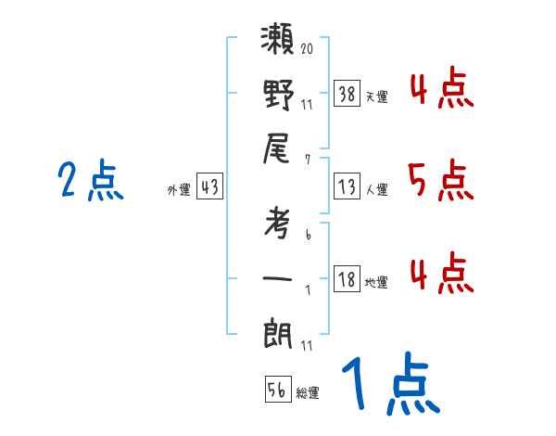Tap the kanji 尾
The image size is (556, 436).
(x=279, y=151)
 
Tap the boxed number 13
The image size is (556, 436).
(x=347, y=186)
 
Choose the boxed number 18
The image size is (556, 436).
(x=347, y=279)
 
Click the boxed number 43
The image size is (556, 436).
(x=210, y=186)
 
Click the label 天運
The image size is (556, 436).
(x=376, y=96)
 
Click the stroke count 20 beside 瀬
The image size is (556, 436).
(x=308, y=45)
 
